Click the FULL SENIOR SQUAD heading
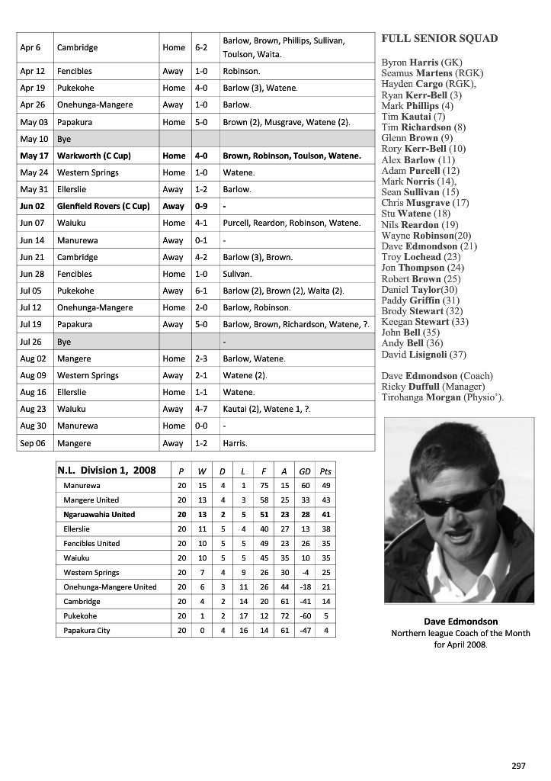coord(440,38)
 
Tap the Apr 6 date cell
coord(30,47)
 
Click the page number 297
coord(518,765)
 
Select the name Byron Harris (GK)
coord(421,62)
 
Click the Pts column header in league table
coord(325,471)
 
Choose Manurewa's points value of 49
coord(325,486)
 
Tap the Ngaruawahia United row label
coord(99,515)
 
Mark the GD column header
coord(305,471)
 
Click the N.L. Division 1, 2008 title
coord(107,471)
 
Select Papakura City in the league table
coord(87,631)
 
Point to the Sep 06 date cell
coord(34,443)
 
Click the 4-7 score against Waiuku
coord(201,409)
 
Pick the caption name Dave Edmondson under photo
coord(460,622)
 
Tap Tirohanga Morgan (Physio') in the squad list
coord(442,397)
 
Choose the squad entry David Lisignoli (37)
coord(424,355)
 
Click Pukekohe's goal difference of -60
coord(305,616)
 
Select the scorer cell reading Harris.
coord(235,443)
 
